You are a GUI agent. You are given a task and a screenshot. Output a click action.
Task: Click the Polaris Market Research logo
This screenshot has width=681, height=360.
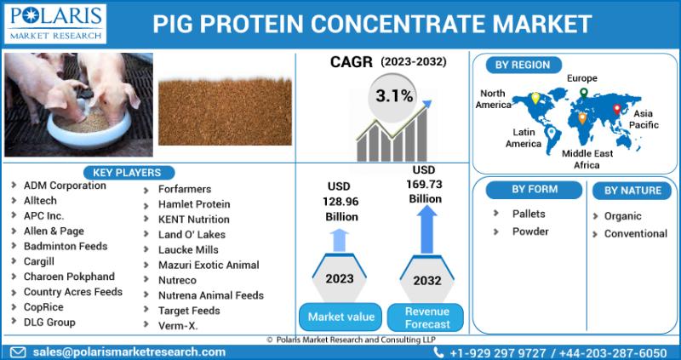55,24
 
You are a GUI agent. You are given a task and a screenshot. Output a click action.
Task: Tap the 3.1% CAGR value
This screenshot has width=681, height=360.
394,96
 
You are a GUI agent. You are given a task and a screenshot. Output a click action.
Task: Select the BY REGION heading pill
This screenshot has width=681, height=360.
523,66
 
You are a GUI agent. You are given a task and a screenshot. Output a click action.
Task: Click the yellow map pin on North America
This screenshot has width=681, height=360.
535,98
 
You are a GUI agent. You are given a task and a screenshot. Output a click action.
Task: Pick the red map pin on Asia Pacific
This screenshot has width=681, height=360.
616,109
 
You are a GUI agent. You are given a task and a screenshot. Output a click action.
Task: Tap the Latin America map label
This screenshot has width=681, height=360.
524,138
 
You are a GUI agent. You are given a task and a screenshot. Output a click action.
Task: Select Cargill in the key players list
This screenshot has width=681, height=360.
39,261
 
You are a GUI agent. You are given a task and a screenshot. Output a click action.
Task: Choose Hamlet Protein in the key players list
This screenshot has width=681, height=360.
194,204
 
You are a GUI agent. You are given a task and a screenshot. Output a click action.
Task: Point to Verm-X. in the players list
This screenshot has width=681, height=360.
178,326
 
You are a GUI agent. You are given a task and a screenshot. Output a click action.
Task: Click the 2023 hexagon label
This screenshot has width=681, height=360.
340,278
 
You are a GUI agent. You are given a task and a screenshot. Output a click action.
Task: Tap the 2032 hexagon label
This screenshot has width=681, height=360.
427,281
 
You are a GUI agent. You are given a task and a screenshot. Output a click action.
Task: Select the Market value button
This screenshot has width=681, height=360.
341,317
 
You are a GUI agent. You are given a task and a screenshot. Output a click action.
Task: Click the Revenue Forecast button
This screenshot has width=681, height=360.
427,318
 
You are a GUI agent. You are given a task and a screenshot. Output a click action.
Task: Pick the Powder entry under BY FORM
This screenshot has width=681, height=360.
530,231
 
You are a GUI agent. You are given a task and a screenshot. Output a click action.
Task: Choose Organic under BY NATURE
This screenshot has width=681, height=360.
623,216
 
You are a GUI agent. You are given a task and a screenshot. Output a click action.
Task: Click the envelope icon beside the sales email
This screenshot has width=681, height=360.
18,352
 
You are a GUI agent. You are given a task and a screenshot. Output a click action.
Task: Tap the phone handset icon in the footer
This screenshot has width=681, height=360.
438,352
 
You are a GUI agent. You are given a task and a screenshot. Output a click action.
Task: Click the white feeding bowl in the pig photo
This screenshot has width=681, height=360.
89,128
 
